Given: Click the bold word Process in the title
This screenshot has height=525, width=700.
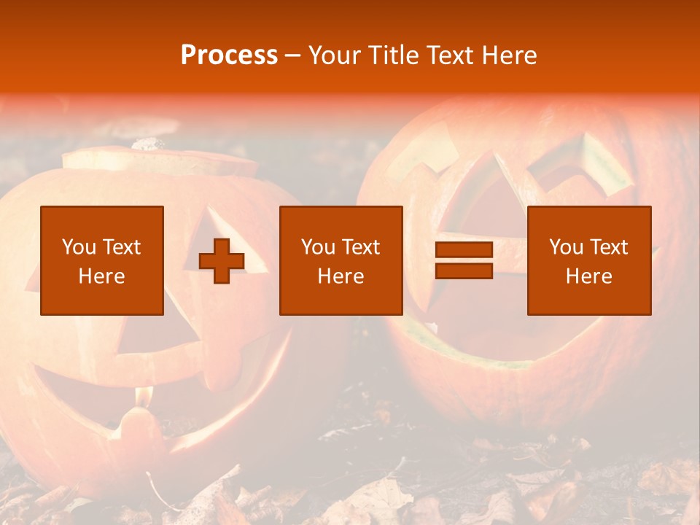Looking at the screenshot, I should click(229, 55).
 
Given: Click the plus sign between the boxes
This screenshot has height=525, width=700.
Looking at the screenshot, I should click(222, 261).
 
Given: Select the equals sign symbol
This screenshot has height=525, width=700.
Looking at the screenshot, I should click(464, 260).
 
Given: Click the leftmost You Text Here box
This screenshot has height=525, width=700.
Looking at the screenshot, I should click(102, 260).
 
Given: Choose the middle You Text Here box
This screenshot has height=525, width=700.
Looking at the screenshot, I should click(341, 260).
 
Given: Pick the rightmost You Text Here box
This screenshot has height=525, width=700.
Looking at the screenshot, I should click(588, 260).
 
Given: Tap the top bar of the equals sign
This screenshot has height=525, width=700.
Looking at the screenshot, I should click(464, 250).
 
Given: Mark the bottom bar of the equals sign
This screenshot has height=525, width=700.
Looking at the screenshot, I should click(464, 271).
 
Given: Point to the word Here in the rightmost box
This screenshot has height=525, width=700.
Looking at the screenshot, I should click(588, 276).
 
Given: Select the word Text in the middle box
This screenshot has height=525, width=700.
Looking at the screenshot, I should click(361, 247).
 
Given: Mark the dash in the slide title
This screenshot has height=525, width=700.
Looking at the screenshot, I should click(292, 55).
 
